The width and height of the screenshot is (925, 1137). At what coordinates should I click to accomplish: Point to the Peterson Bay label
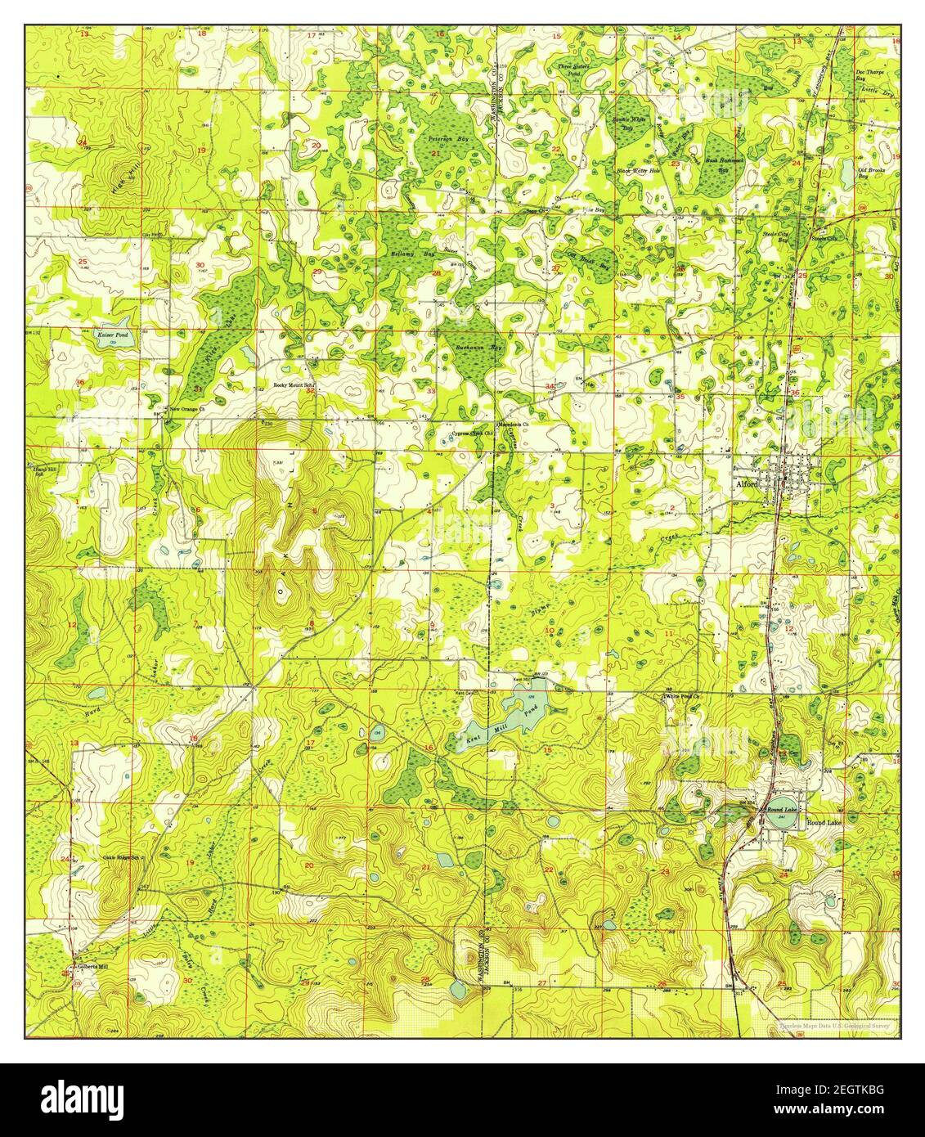pyautogui.click(x=445, y=138)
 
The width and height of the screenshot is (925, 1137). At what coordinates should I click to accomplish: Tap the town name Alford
pyautogui.click(x=747, y=485)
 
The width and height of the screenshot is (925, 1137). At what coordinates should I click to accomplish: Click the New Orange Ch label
pyautogui.click(x=188, y=408)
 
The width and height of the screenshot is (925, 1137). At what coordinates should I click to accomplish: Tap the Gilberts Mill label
pyautogui.click(x=92, y=966)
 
